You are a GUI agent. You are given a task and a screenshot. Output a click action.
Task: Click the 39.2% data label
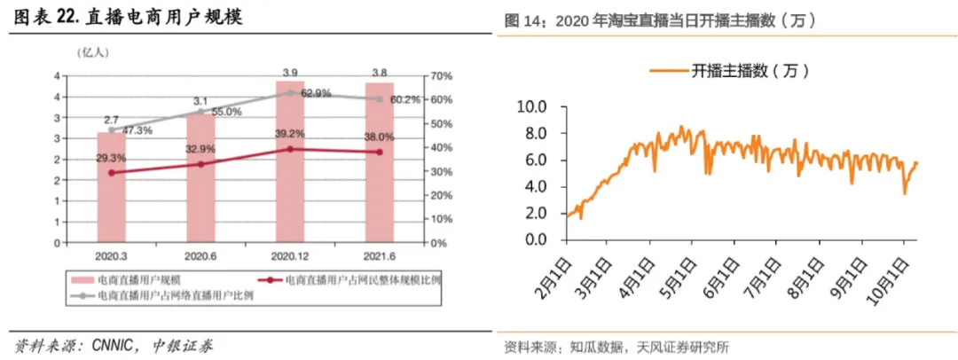coord(289,134)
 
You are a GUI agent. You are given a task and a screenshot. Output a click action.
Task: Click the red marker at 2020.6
coord(200,164)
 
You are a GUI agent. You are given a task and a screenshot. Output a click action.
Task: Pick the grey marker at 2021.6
coord(380,98)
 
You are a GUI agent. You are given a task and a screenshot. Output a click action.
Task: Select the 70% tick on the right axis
coord(441,75)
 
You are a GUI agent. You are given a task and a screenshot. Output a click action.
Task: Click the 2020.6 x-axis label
coord(200,254)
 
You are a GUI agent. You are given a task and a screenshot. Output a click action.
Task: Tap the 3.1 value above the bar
coord(200,101)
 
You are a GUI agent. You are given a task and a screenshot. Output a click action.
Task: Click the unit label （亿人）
coord(94,51)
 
